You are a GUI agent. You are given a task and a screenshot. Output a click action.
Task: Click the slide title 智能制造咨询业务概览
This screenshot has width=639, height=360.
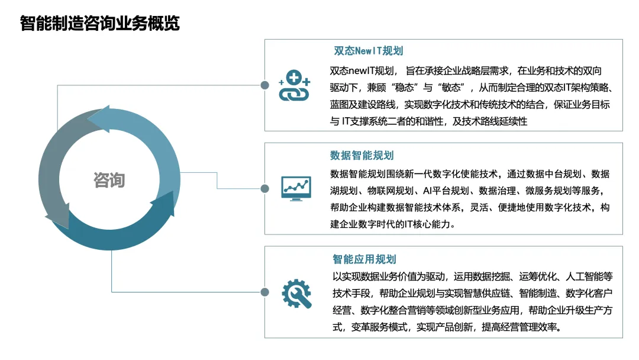100,23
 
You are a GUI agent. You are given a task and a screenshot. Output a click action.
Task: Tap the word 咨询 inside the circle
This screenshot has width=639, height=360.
109,180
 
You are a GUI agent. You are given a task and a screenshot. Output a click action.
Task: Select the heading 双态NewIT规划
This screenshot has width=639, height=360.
369,51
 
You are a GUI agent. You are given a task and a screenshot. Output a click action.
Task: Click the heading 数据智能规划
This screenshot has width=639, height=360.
362,155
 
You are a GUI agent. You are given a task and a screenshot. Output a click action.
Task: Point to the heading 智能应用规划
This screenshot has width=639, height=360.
364,259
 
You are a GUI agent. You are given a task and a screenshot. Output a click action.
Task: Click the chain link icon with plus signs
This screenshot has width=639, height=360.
294,85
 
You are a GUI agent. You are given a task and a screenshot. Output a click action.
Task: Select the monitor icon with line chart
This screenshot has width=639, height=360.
296,188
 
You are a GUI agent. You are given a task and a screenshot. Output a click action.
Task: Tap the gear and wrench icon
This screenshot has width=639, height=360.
296,293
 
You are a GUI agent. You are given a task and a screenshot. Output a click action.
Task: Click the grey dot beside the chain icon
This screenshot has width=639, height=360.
265,85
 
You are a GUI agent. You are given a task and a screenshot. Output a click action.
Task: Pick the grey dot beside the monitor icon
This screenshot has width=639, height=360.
265,188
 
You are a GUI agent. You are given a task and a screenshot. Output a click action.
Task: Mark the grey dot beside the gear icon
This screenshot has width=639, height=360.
265,292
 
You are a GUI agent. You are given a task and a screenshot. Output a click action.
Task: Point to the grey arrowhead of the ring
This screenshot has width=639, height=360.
58,216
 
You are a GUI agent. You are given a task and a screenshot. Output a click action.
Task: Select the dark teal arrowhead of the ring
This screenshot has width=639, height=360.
164,203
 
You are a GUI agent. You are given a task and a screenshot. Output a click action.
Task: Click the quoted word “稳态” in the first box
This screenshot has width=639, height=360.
405,87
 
